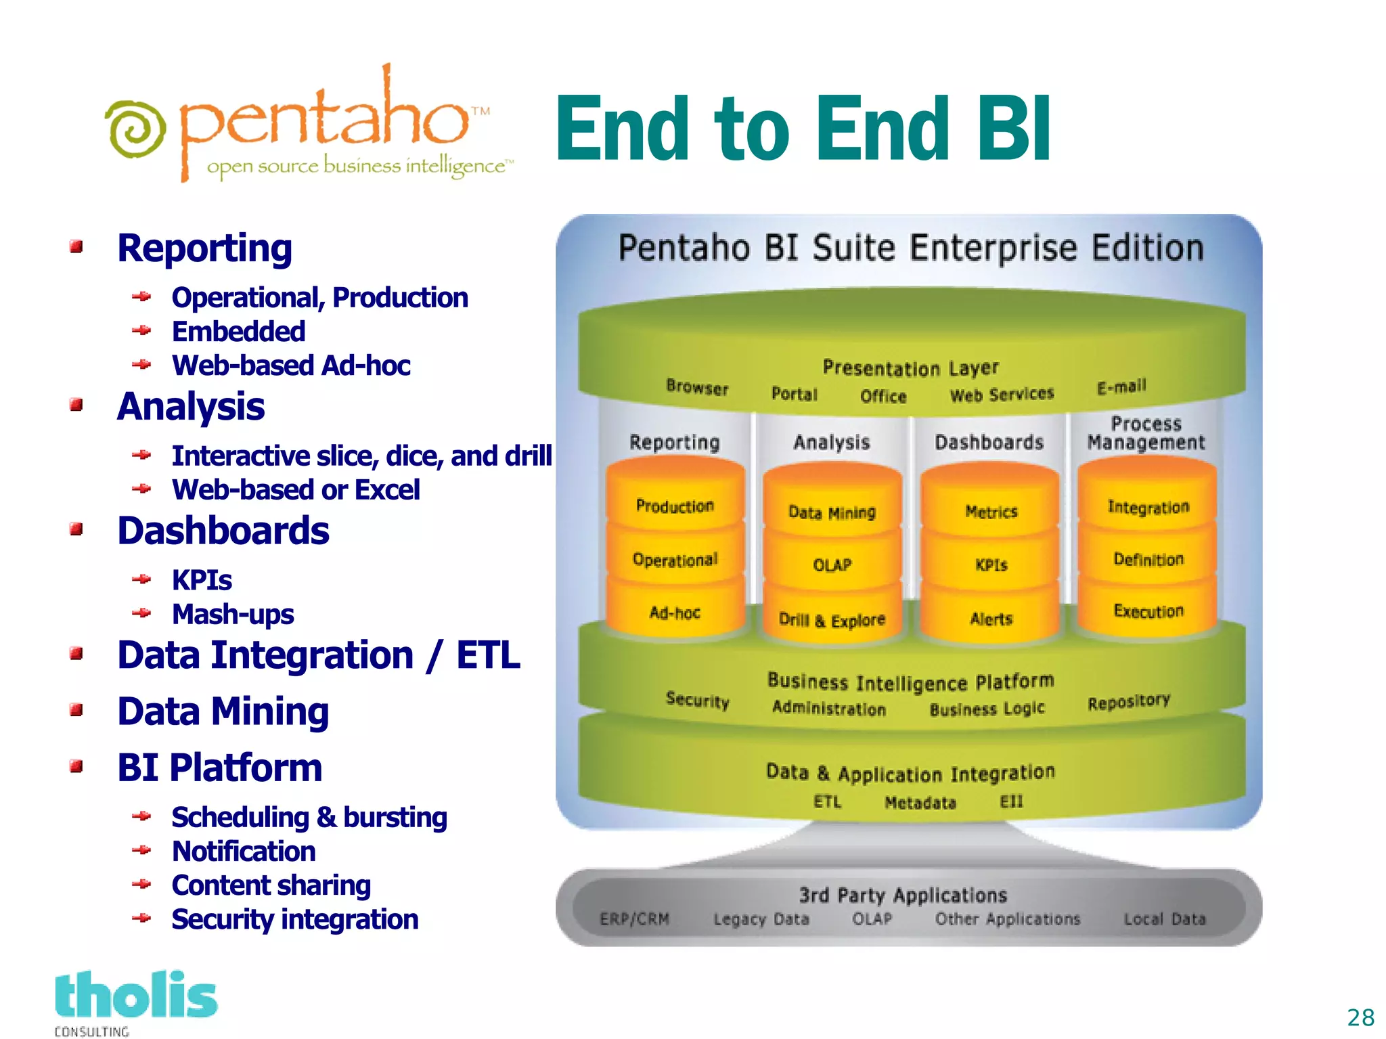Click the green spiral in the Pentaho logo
[135, 129]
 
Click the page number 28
[1360, 1017]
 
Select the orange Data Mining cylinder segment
[832, 512]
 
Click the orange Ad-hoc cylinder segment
[675, 613]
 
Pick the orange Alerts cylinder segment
[991, 619]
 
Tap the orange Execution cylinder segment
[1148, 611]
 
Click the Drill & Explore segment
[832, 619]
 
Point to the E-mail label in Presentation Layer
[1121, 386]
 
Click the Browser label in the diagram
[697, 387]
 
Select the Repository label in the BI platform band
[1128, 702]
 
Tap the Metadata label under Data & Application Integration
[920, 803]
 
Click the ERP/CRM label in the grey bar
[634, 919]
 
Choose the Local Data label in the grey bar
[1165, 919]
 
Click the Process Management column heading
[1146, 433]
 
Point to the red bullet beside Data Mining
[76, 710]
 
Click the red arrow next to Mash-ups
[141, 613]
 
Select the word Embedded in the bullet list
[238, 332]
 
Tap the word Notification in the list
[244, 852]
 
